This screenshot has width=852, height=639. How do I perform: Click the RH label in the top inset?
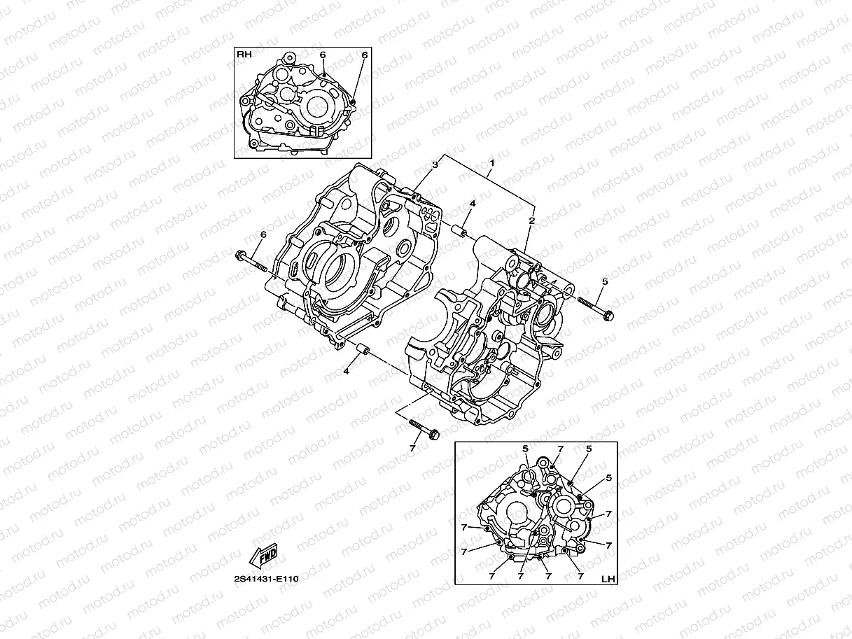click(244, 54)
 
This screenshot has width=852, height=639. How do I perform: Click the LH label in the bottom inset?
click(608, 578)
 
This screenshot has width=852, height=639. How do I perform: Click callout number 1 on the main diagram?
click(492, 163)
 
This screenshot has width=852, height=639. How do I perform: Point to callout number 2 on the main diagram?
click(531, 220)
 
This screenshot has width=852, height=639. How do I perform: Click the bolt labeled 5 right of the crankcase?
click(596, 308)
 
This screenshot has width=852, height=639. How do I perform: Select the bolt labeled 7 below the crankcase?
click(421, 428)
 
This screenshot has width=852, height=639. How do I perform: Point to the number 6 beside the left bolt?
click(263, 234)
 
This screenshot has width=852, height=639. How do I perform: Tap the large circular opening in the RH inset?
click(317, 107)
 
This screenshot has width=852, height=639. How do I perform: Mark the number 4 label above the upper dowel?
click(472, 204)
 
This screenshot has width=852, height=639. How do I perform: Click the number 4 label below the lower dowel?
click(346, 372)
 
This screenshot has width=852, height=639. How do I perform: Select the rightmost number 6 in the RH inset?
click(364, 55)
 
